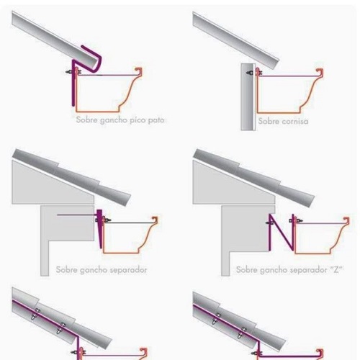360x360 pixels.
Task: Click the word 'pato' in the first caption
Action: point(156,120)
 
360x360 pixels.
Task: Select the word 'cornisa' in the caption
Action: point(295,121)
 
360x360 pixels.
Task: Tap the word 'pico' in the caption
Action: point(137,120)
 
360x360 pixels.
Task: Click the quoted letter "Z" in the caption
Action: point(336,269)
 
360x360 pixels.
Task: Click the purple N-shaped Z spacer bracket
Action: point(282,233)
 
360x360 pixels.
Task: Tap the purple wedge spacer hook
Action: point(100,228)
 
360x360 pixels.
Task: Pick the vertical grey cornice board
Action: point(248,97)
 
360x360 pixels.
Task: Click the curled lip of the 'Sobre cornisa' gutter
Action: point(320,71)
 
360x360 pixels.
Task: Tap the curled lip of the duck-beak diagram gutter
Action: point(139,71)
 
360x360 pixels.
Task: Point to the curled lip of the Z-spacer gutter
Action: point(346,220)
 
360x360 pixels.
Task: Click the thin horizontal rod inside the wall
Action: point(77,215)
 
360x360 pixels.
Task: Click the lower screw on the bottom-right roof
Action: point(242,333)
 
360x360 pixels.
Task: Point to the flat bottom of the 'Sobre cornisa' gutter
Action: point(279,112)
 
